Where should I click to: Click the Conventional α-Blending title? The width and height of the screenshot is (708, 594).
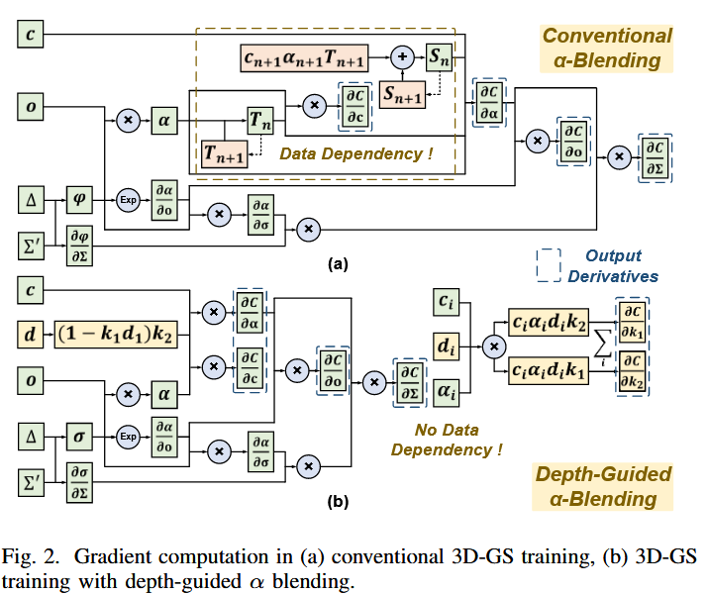point(607,49)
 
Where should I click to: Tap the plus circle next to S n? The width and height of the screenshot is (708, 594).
point(403,57)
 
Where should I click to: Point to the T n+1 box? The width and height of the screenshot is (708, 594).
point(225,152)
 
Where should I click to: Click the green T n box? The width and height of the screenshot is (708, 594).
point(260,120)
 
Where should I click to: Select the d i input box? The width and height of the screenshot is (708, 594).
point(447,346)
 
